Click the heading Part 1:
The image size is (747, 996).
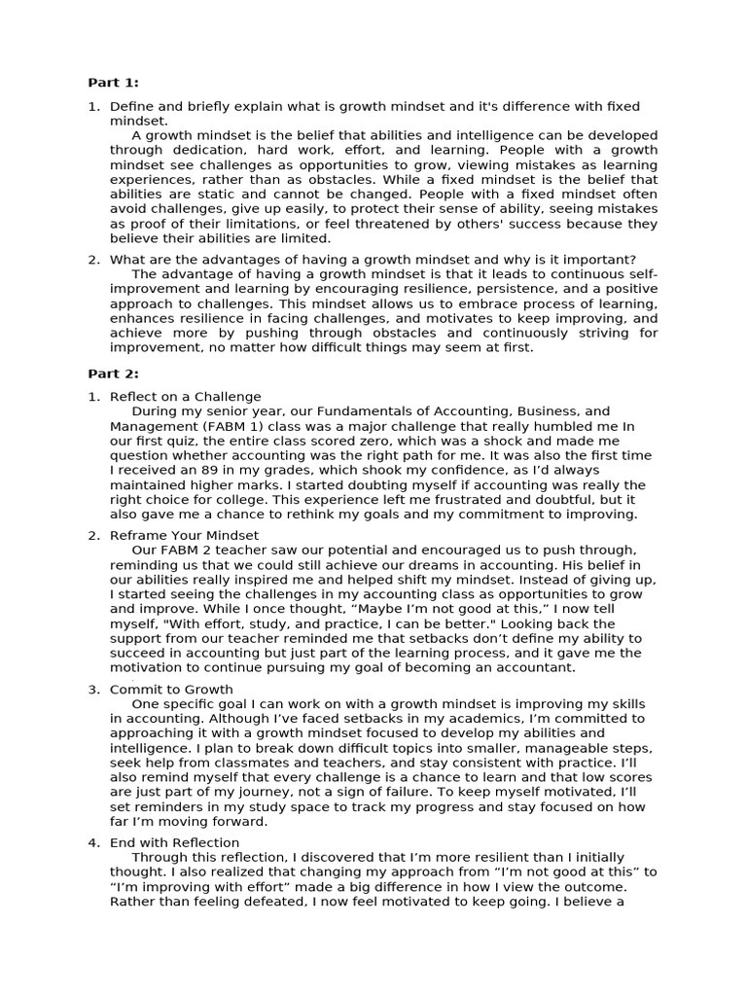114,83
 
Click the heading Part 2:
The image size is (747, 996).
114,373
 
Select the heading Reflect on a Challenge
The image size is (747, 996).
185,397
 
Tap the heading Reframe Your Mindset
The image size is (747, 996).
184,535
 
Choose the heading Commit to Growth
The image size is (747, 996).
171,690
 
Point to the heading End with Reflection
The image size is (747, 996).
174,842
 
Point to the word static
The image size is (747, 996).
199,195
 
